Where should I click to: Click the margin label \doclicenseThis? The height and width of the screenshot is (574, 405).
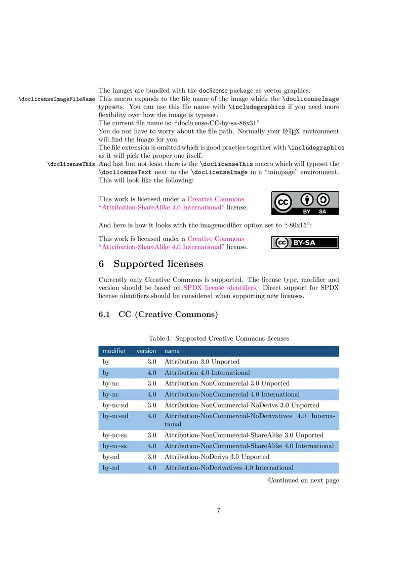point(71,164)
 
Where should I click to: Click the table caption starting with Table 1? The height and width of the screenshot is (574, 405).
point(219,338)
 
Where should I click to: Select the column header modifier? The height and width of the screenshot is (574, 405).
point(114,351)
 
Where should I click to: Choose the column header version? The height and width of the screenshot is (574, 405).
point(146,351)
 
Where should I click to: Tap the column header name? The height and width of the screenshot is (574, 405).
point(172,351)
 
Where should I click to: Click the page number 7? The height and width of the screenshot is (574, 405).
point(219,511)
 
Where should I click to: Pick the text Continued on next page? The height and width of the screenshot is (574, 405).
point(303,480)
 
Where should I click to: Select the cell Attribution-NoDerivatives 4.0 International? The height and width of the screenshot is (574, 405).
point(229,468)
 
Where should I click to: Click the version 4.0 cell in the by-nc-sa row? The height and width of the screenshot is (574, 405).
point(152,446)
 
